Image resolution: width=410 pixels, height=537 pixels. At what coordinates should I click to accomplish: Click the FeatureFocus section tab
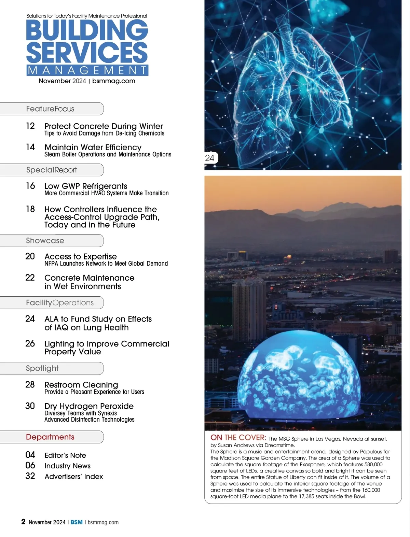point(51,109)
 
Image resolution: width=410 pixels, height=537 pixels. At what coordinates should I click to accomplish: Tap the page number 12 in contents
point(30,126)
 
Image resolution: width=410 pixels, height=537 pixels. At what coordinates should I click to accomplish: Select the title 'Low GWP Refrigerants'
point(86,186)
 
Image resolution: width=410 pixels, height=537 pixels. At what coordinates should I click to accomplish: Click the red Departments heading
point(50,437)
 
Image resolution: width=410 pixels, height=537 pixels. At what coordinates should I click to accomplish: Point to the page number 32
point(30,476)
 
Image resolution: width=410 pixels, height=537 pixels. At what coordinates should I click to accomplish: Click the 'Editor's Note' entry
point(65,455)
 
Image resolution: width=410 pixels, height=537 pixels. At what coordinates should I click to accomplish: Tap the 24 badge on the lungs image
point(210,158)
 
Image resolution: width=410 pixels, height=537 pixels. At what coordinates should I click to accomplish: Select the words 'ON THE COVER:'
point(238,438)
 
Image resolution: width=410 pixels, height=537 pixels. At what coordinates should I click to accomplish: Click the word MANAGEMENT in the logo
point(87,70)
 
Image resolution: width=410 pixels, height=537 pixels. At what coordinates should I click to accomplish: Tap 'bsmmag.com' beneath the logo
point(114,81)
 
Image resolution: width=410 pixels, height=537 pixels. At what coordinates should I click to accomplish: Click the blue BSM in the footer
point(77,522)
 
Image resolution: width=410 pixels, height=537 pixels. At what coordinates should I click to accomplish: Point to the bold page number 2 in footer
point(23,522)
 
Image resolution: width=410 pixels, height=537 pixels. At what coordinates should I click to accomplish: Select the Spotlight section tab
point(42,368)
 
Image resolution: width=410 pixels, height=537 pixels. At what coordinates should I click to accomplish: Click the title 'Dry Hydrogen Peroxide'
point(89,406)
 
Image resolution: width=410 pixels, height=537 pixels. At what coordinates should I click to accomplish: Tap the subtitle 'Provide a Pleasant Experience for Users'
point(94,392)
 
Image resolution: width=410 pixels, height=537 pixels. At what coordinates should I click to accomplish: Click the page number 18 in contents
point(30,209)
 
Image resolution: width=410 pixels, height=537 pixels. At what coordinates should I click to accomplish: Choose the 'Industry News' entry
point(68,466)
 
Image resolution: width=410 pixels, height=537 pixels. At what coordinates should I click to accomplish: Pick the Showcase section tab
point(45,241)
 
